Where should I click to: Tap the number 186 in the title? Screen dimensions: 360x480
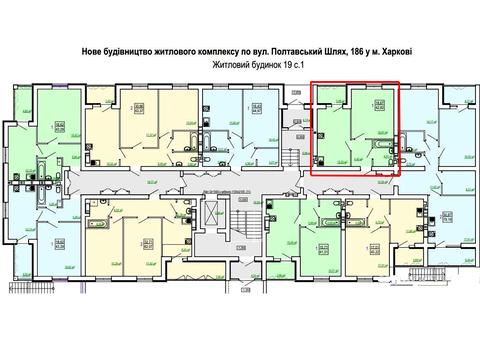tap(353, 50)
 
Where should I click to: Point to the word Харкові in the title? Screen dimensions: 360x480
tap(397, 50)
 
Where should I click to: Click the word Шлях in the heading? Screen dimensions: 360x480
tap(334, 50)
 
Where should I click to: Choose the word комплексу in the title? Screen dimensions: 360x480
tap(224, 50)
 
